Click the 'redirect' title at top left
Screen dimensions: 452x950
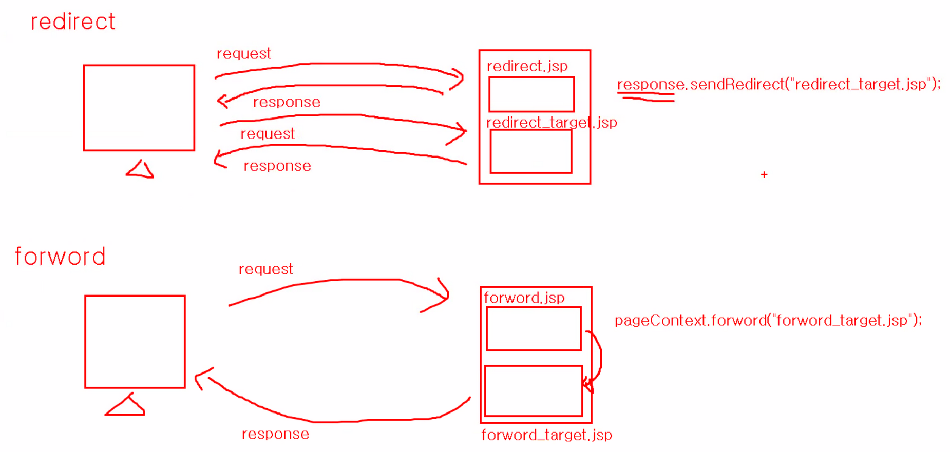[73, 22]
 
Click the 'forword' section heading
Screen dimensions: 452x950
[60, 257]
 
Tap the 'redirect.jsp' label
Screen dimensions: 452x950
[527, 66]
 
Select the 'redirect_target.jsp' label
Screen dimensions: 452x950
[551, 123]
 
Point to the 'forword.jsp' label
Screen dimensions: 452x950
[524, 298]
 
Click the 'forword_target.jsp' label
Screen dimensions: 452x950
[546, 435]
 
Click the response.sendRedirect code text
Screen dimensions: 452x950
[778, 85]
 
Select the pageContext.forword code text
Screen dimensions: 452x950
[768, 321]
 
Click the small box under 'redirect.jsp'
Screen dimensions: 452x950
[531, 94]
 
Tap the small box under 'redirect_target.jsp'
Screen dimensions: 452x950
[531, 151]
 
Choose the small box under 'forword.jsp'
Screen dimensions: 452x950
[534, 329]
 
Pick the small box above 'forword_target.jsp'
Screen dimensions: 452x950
[534, 391]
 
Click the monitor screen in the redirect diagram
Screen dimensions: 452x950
[139, 108]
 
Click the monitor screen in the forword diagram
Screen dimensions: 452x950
[135, 342]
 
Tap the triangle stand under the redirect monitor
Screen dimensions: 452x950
[141, 170]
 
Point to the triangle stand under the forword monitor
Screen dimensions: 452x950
[126, 406]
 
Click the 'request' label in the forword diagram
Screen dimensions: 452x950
[265, 269]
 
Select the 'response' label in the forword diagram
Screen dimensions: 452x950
[275, 434]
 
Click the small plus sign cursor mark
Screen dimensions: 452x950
[764, 175]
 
